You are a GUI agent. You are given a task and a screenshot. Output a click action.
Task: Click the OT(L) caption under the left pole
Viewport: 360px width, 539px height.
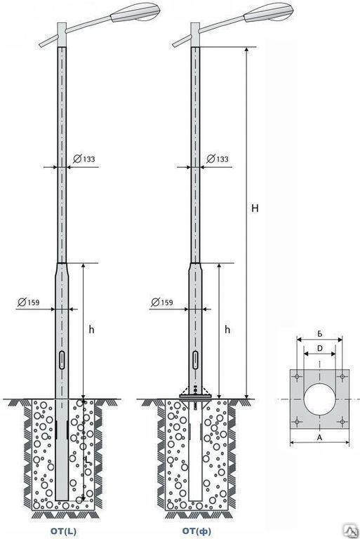coord(63,531)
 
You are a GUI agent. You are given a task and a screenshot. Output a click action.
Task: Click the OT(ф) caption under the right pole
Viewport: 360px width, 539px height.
coord(196,531)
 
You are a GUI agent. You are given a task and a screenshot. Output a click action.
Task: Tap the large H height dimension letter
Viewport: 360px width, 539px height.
coord(255,208)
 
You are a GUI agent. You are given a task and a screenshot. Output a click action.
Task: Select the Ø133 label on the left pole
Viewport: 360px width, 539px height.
coord(84,159)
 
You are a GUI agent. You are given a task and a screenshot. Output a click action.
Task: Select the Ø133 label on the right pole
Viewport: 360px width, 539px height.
coord(218,159)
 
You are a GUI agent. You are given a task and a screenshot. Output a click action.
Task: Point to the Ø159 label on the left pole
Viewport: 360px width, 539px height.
coord(29,302)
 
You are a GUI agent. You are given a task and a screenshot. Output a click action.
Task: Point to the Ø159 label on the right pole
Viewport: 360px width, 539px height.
coord(162,302)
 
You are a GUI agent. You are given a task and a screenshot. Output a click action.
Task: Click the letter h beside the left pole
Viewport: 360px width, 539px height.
coord(91,329)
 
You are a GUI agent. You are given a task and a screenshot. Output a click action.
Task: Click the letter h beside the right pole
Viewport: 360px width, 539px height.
coord(227,329)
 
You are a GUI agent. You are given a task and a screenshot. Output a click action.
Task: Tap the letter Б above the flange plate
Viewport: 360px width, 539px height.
coord(320,334)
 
